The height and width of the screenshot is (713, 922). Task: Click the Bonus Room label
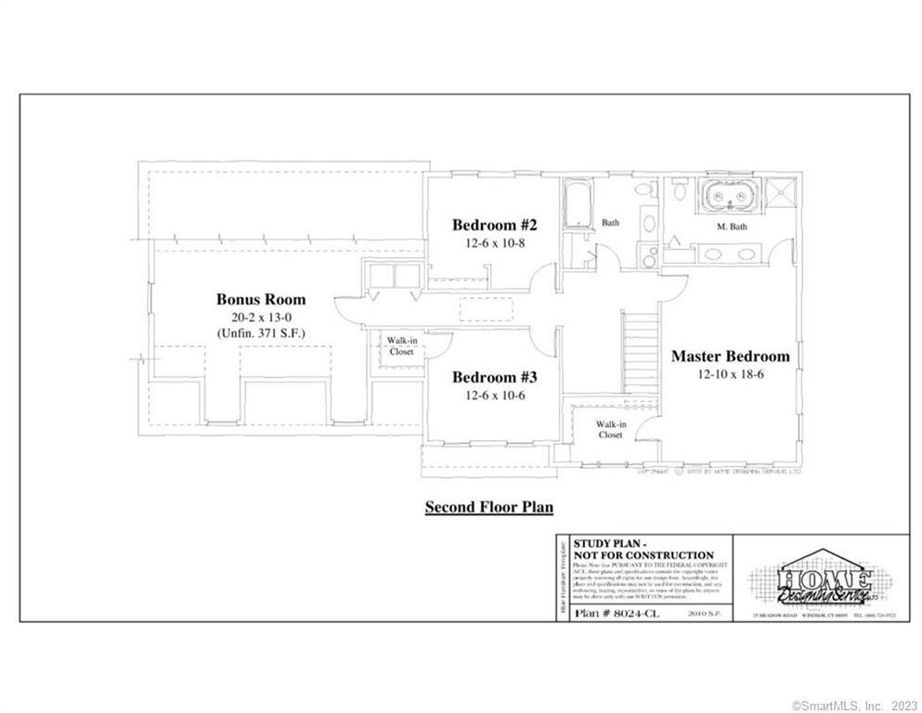260,299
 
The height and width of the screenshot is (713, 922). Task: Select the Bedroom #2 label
494,225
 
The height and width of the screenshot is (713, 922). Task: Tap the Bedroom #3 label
494,378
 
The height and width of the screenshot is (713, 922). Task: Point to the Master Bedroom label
730,356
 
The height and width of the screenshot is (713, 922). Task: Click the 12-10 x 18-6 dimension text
730,374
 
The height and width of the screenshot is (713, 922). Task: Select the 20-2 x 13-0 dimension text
261,317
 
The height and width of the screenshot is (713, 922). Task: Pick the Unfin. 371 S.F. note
261,332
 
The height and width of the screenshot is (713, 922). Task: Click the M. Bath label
732,227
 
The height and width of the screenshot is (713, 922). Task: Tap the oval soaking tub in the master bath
730,198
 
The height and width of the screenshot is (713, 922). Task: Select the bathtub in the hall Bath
578,201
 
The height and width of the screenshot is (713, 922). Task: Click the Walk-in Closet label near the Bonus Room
401,346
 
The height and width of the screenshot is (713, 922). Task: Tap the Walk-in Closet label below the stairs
610,429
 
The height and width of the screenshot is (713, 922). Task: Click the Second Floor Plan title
488,507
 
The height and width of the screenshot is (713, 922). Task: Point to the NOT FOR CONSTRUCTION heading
643,555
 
